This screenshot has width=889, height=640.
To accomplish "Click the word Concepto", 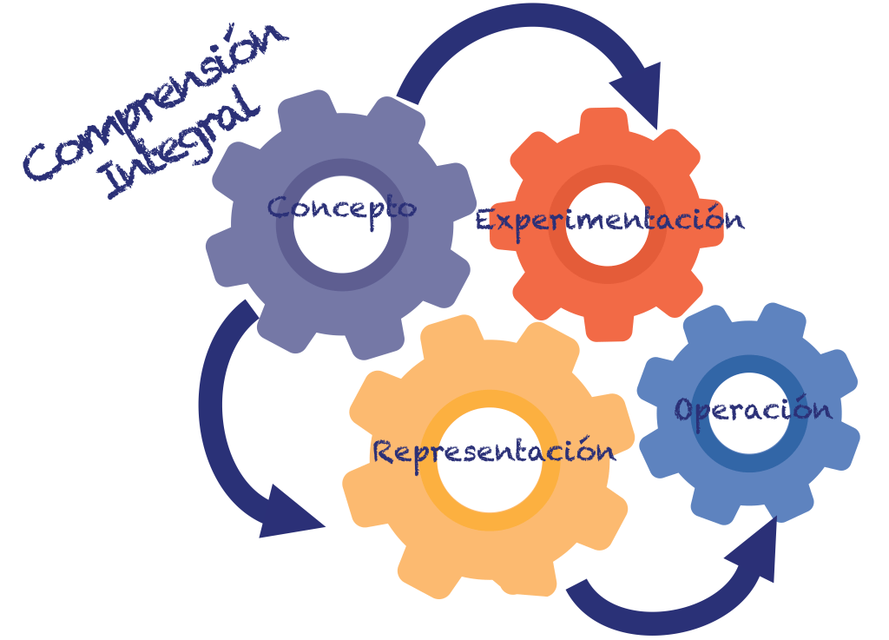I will coord(341,208).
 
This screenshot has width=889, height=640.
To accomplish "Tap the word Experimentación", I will coord(609,219).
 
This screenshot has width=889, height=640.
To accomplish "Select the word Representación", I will coord(494,451).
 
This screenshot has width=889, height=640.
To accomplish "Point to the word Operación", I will coord(753,409).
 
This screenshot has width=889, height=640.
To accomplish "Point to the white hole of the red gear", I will coord(608,252).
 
